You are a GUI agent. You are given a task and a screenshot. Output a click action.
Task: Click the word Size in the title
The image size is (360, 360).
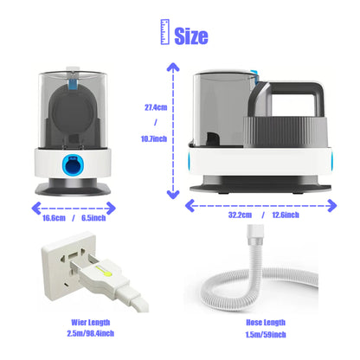191,35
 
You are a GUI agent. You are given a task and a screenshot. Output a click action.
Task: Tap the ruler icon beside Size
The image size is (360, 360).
165,32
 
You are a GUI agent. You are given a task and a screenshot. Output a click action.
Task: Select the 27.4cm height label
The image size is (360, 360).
156,107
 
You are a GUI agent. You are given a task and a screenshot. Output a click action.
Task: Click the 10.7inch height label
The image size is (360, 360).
154,138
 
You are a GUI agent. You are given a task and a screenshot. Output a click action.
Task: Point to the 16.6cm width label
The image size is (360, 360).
54,218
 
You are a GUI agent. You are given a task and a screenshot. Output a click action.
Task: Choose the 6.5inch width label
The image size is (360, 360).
93,218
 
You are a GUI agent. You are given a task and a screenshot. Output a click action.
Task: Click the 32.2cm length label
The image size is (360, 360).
240,215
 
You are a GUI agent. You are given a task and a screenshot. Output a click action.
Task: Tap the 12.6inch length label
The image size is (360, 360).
286,215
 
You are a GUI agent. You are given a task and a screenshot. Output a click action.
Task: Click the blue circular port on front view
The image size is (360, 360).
74,164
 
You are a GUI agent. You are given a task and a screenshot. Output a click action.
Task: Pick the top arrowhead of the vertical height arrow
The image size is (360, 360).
173,67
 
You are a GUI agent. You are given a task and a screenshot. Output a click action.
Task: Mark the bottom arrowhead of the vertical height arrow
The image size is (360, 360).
173,195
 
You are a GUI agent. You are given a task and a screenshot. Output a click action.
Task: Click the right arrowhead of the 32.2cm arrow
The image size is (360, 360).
332,206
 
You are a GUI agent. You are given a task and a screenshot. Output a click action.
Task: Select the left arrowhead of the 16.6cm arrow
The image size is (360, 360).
35,209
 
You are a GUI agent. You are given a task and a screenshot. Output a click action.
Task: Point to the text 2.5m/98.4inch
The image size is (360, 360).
91,333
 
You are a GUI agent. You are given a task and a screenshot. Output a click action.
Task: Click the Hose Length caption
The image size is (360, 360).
266,323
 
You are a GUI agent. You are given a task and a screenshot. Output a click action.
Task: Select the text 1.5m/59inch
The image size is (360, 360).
266,335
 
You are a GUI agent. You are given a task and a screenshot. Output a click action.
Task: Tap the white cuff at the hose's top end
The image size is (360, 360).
255,233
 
